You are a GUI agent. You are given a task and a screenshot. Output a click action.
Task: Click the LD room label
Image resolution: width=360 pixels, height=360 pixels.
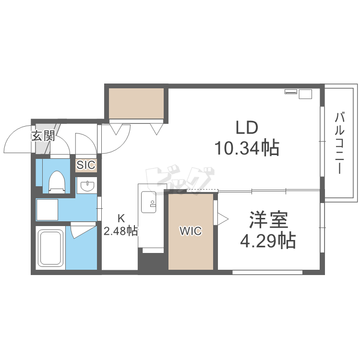246,127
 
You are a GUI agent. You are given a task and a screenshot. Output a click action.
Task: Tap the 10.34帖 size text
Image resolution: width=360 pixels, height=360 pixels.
247,148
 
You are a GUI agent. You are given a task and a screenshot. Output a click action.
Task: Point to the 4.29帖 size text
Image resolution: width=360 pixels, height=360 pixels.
268,240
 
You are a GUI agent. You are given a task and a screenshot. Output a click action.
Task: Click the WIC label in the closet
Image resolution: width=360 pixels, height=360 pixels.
191,231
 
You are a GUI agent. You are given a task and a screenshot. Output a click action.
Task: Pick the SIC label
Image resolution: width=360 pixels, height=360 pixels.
86,165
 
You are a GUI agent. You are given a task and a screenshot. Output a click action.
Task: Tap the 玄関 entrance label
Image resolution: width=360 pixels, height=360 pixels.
43,136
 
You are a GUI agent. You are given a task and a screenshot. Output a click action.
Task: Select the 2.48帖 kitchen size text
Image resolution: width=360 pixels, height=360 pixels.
121,231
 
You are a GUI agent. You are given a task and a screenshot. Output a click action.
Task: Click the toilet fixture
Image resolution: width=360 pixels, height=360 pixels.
57,182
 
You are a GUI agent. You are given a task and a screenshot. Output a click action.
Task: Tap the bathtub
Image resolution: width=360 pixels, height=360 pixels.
50,248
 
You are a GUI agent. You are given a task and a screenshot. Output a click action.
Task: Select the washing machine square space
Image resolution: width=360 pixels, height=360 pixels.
48,209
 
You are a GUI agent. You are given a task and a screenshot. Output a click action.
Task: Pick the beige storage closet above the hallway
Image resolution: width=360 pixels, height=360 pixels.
136,103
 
